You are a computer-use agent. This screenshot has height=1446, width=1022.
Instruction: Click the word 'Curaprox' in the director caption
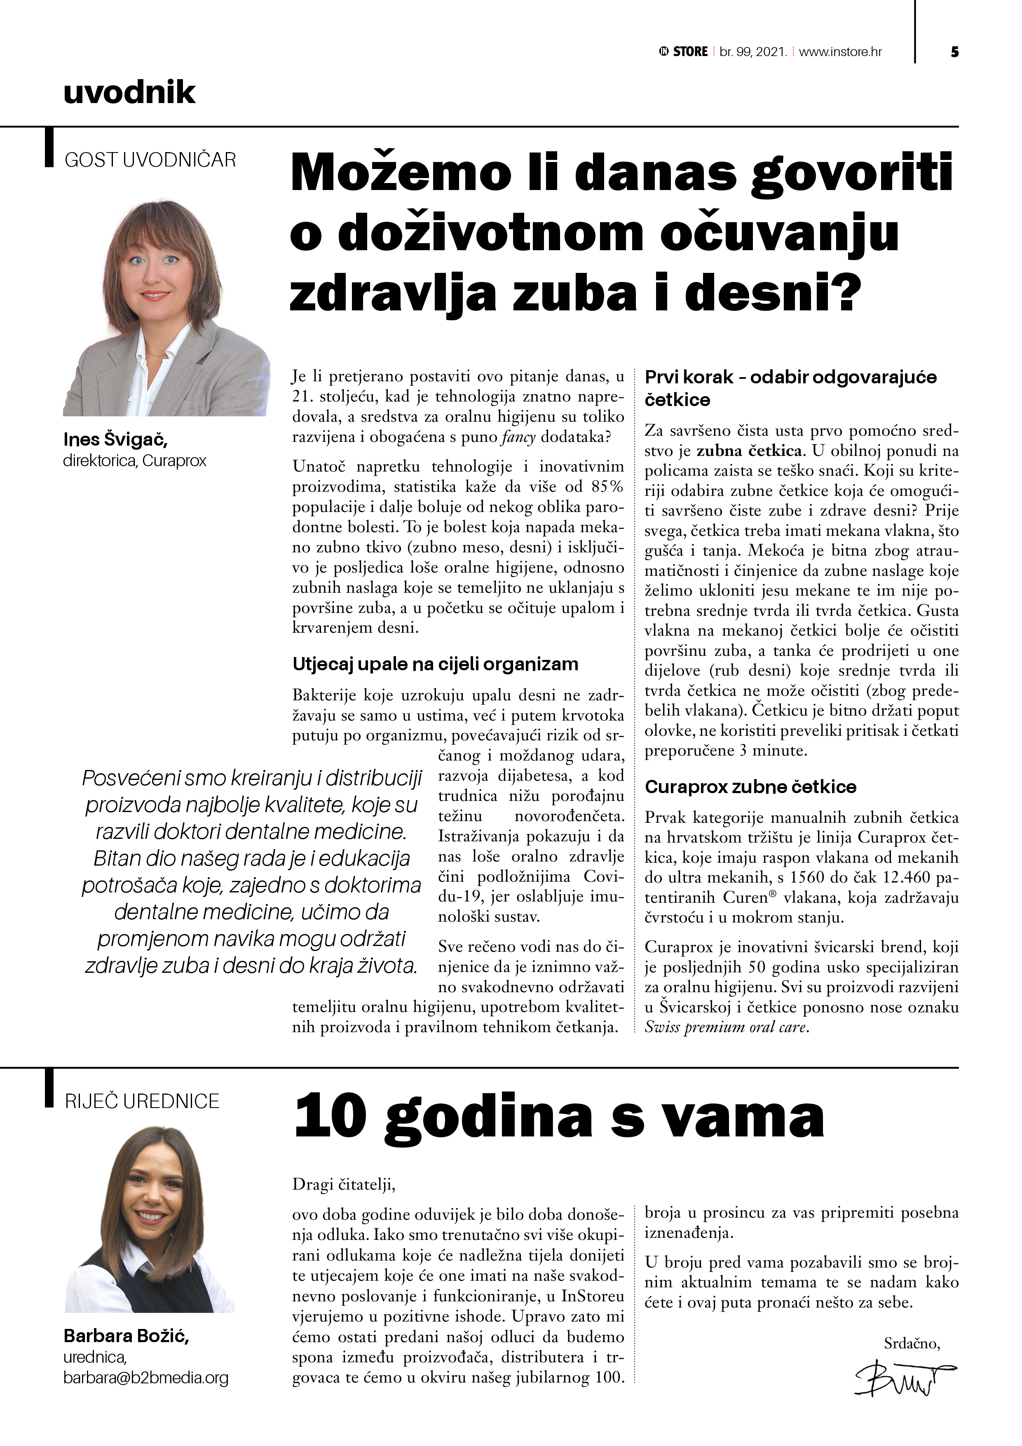[x=174, y=460]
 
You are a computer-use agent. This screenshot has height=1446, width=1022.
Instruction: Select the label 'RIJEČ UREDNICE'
[x=142, y=1101]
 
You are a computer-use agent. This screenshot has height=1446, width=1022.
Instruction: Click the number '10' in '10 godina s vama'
[x=331, y=1116]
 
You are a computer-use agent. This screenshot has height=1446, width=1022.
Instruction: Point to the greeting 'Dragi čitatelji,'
[x=344, y=1185]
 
